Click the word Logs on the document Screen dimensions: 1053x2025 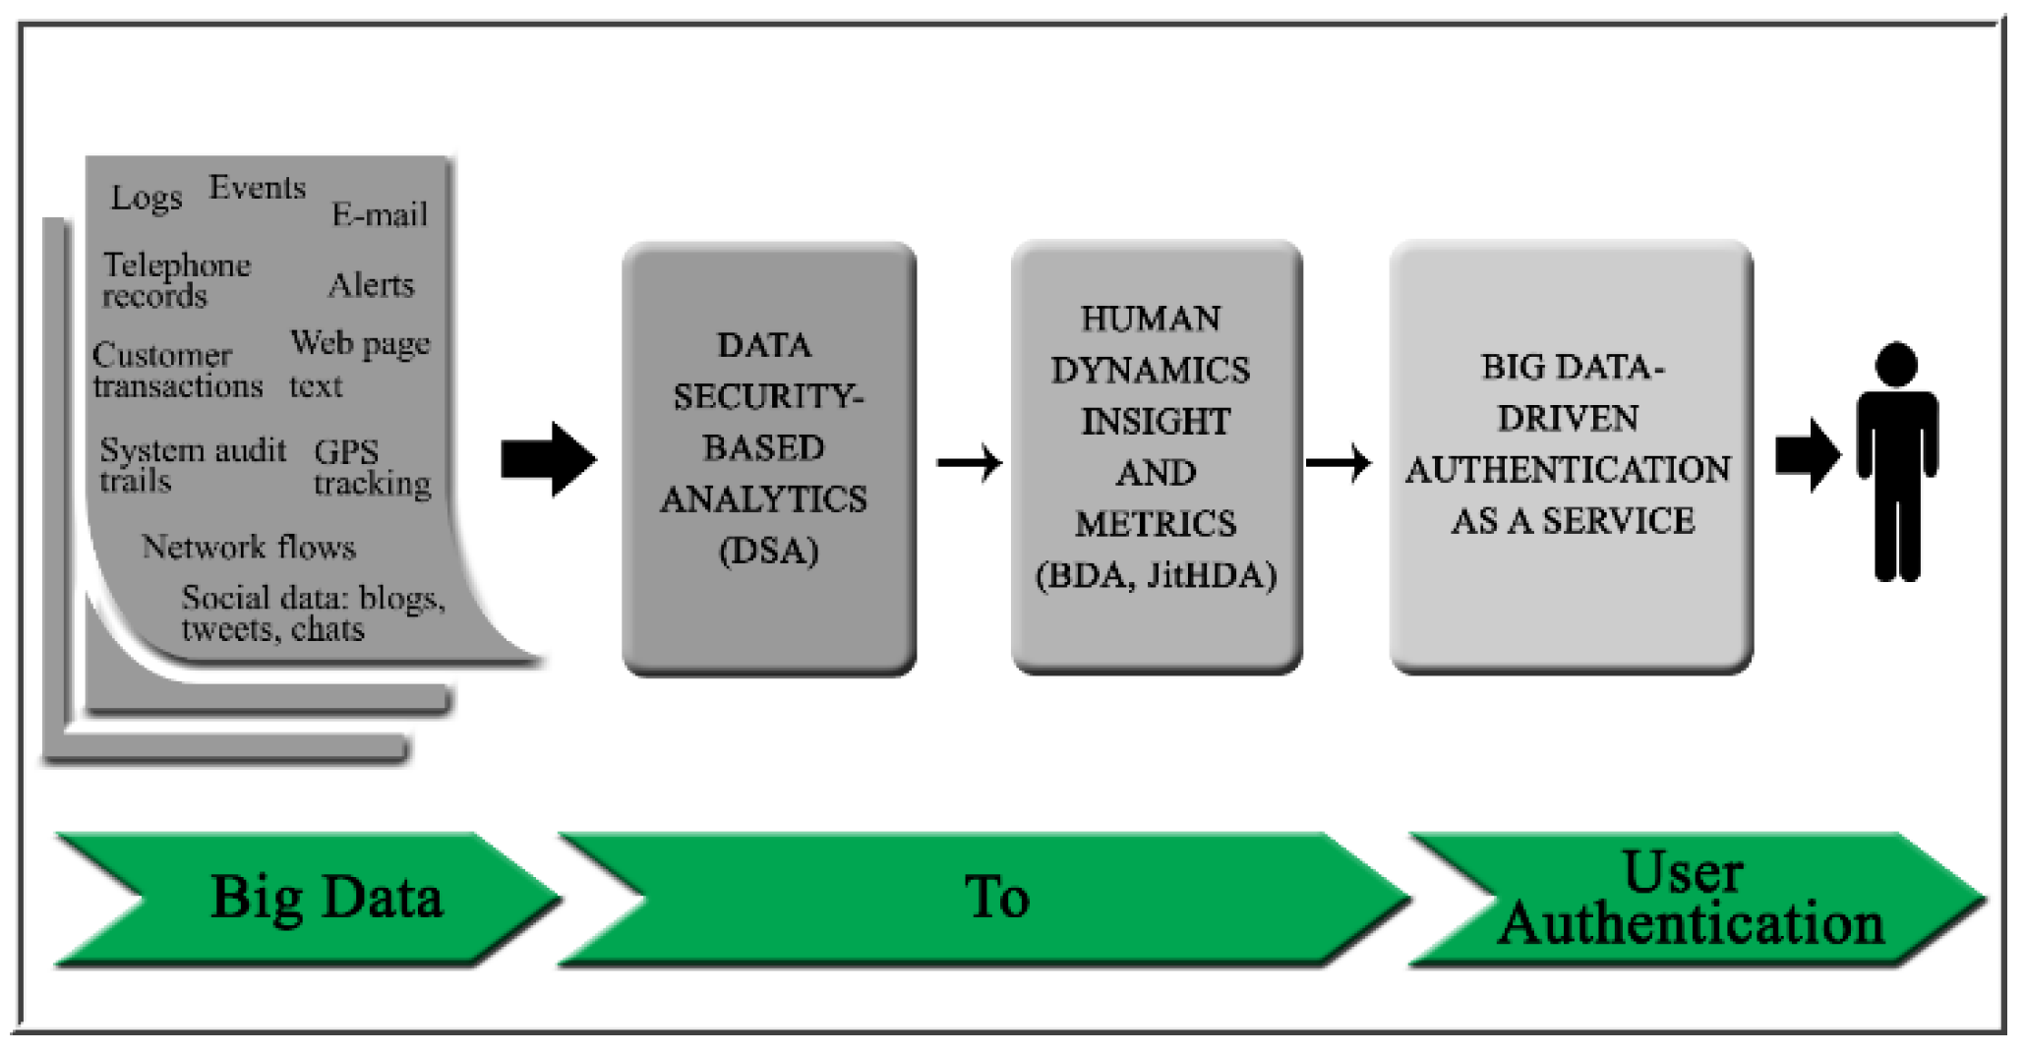click(146, 198)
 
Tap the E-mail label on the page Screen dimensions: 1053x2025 click(380, 214)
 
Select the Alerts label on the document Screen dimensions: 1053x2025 click(371, 285)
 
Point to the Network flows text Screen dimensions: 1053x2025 click(248, 547)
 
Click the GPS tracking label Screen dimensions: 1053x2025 click(372, 467)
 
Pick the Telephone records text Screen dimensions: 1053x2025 click(176, 280)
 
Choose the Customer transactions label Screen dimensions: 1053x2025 click(177, 370)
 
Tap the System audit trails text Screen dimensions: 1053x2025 click(192, 465)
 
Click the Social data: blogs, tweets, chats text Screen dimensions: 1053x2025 click(313, 613)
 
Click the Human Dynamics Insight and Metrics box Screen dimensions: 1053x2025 click(1157, 457)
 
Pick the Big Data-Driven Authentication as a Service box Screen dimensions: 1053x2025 click(1571, 457)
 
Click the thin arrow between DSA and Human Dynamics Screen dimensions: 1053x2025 click(970, 462)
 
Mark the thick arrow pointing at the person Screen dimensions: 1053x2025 click(1808, 455)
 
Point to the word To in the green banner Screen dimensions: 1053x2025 click(996, 898)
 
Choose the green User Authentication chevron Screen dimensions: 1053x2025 click(1692, 898)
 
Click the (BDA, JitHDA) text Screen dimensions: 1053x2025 click(1157, 575)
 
